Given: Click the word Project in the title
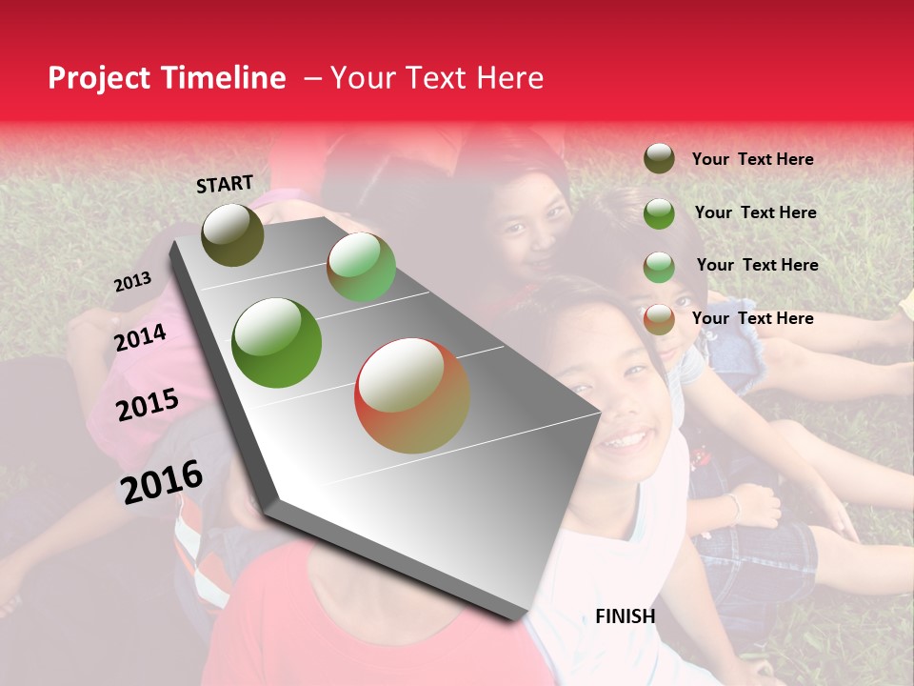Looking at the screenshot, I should pyautogui.click(x=101, y=78).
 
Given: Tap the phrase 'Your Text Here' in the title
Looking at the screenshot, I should pyautogui.click(x=436, y=78).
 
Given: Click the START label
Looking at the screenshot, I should pyautogui.click(x=225, y=184).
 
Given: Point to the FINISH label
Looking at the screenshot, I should pyautogui.click(x=625, y=616).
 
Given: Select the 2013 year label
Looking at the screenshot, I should pyautogui.click(x=132, y=282).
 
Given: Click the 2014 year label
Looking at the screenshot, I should pyautogui.click(x=140, y=337).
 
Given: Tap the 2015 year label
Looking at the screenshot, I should pyautogui.click(x=147, y=405).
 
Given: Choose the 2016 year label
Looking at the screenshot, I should pyautogui.click(x=162, y=482).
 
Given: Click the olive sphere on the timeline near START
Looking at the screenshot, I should pyautogui.click(x=232, y=234).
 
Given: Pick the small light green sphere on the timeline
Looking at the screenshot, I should pyautogui.click(x=361, y=267).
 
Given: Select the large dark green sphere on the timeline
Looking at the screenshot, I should pyautogui.click(x=277, y=343).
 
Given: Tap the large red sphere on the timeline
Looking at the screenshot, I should pyautogui.click(x=411, y=395).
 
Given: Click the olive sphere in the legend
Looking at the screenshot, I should pyautogui.click(x=659, y=158).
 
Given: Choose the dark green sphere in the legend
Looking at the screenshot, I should pyautogui.click(x=659, y=213).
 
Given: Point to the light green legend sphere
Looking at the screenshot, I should pyautogui.click(x=659, y=267).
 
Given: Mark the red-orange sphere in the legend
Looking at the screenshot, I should pyautogui.click(x=659, y=319).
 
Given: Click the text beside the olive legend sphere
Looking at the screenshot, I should pyautogui.click(x=752, y=159).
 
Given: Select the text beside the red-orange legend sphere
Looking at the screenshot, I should pyautogui.click(x=752, y=318).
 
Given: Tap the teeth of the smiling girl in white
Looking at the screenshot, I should pyautogui.click(x=625, y=439).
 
